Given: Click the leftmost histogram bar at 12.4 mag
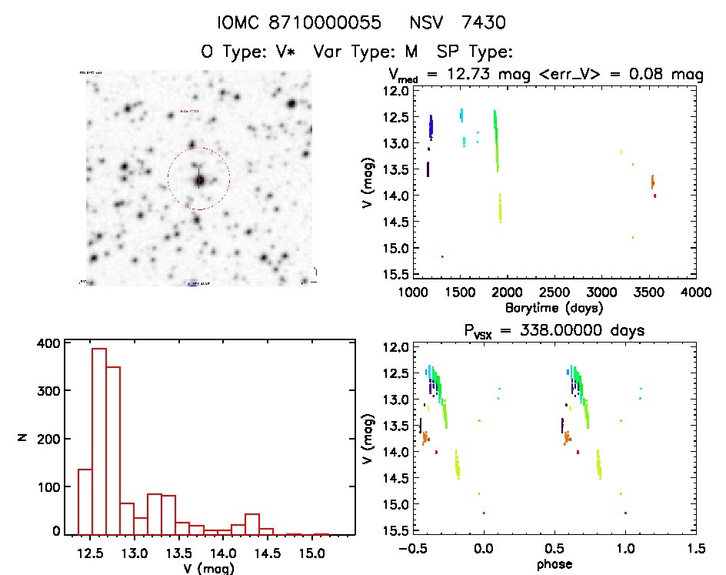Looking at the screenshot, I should pos(85,501).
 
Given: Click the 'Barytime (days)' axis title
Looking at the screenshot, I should pos(554,308).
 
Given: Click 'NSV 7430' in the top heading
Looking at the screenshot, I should pos(457,24).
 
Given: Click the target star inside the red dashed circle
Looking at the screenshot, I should pos(199,180).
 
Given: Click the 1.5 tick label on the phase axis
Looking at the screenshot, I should pos(696,550).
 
